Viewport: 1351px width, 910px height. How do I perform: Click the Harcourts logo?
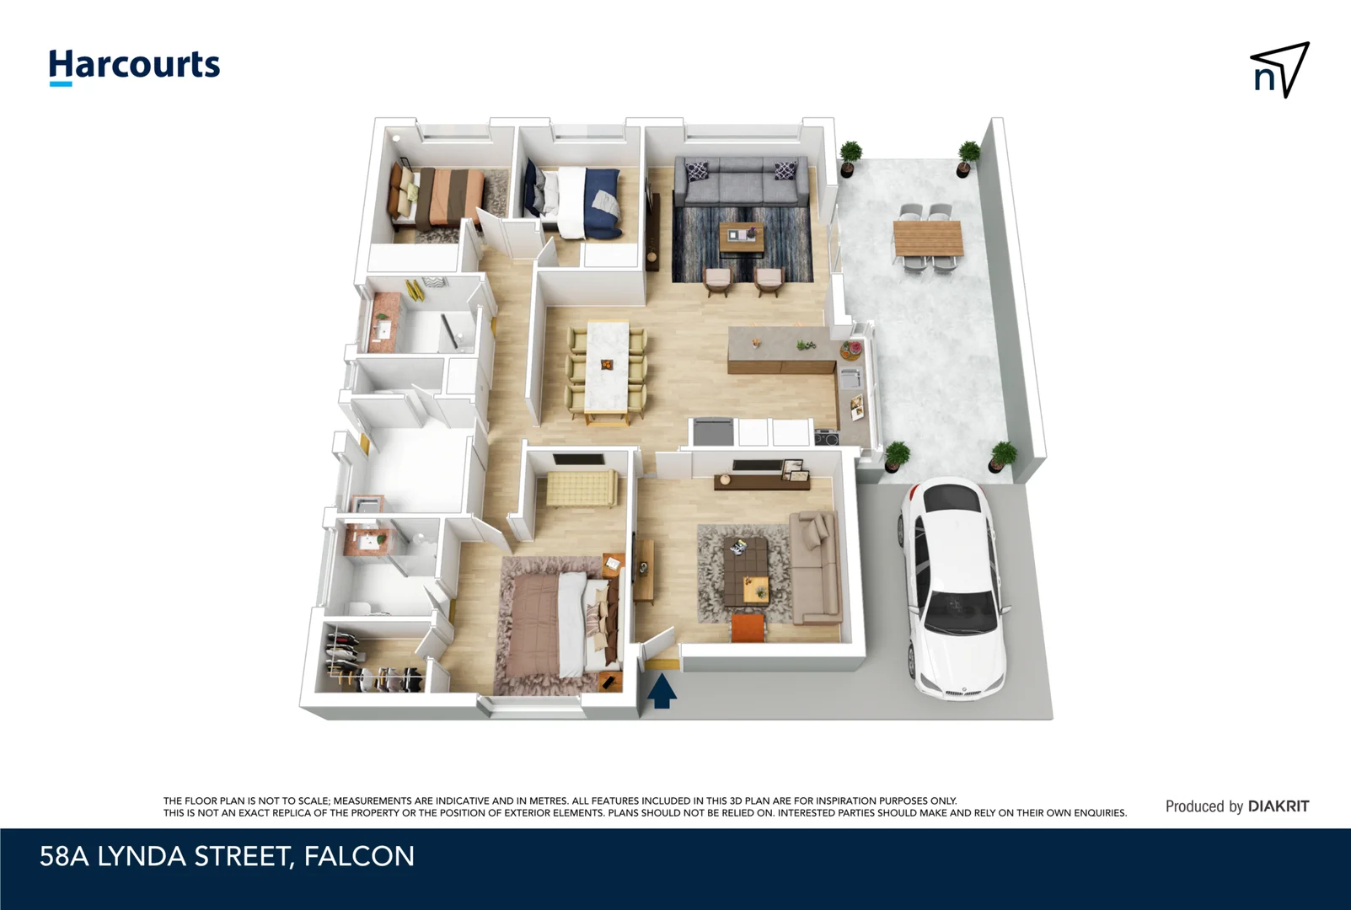(135, 67)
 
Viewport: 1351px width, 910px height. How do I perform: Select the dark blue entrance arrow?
(662, 690)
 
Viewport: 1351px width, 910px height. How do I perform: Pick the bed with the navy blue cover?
(572, 200)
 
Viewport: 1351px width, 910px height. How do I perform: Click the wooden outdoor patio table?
(928, 238)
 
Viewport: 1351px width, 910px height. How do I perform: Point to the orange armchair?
(748, 627)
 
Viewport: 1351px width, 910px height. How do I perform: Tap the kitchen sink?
(850, 379)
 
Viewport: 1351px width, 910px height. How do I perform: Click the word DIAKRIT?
(1278, 806)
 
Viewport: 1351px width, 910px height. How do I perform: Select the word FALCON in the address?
(359, 856)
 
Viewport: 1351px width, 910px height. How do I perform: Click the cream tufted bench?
(582, 487)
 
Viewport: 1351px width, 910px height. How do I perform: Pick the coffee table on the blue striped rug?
(742, 238)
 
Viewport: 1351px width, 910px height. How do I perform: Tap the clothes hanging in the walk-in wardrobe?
(369, 663)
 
